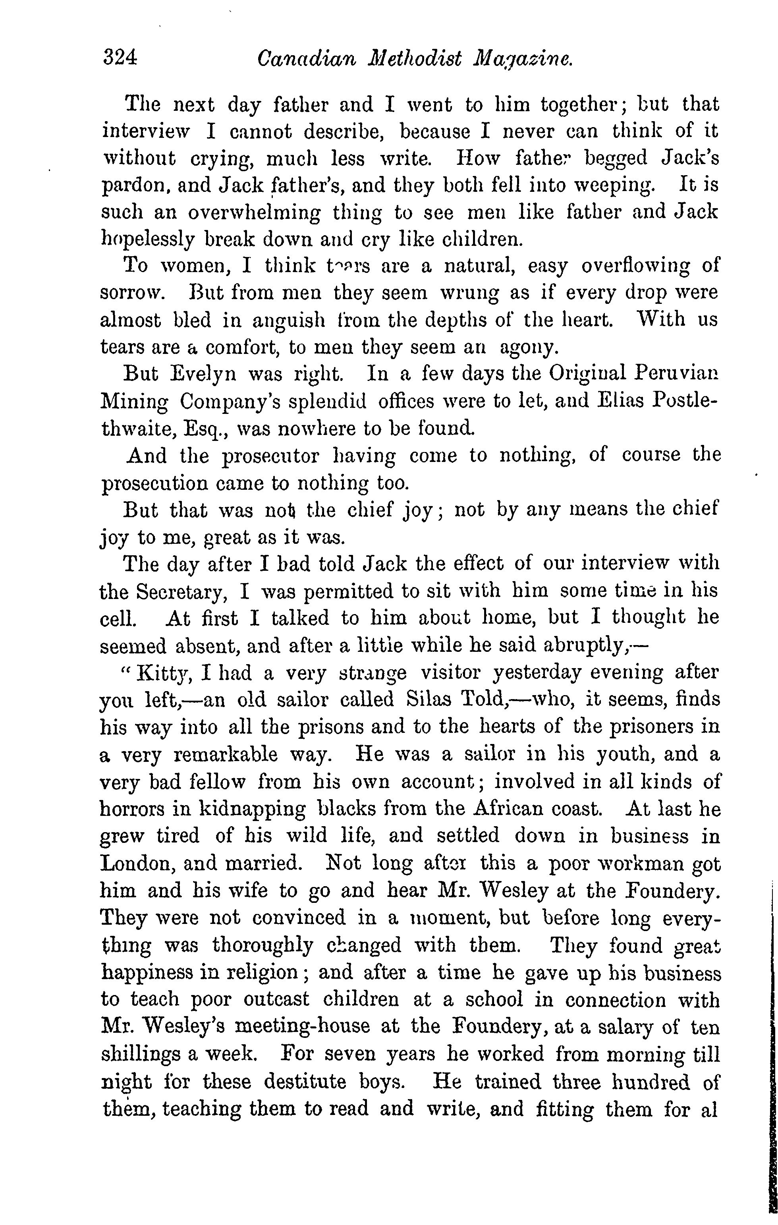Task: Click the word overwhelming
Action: coord(254,213)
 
